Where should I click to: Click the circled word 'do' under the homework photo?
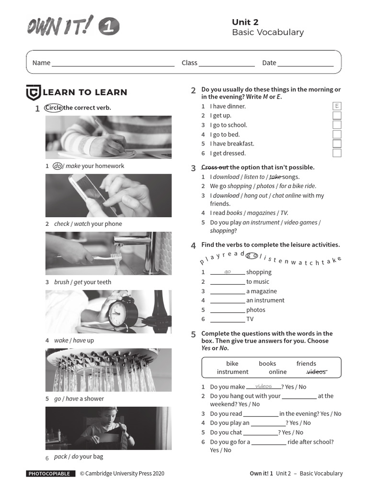[x=58, y=166]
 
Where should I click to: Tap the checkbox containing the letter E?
[x=337, y=106]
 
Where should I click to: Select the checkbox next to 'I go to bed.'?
[x=337, y=134]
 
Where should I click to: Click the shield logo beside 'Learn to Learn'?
[x=33, y=92]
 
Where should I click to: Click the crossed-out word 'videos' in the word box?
[x=316, y=372]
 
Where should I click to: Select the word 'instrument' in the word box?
[x=232, y=372]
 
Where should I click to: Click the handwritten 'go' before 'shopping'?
[x=228, y=272]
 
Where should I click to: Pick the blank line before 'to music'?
[x=227, y=282]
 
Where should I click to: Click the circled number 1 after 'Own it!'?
[x=109, y=27]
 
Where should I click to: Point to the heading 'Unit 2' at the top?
[x=245, y=22]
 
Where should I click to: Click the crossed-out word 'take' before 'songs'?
[x=275, y=177]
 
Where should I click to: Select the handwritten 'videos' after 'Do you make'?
[x=264, y=386]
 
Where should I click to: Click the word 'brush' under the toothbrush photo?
[x=61, y=282]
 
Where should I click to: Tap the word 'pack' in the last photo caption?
[x=60, y=457]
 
